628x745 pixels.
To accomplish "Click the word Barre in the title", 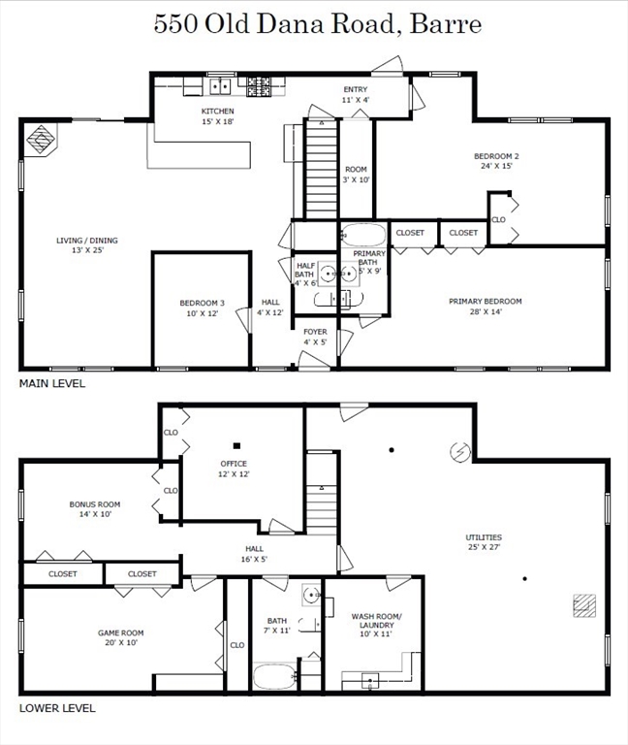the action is click(x=446, y=23).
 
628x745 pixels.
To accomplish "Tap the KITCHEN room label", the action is click(x=217, y=112).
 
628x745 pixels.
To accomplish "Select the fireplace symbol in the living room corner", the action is click(x=41, y=140).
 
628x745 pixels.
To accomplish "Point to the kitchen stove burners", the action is click(x=258, y=86).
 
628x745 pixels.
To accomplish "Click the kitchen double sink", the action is click(x=220, y=86).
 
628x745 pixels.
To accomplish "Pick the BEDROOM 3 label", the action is click(x=203, y=303).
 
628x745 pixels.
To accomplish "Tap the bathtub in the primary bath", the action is click(x=364, y=235).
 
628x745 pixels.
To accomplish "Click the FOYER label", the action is click(x=315, y=332).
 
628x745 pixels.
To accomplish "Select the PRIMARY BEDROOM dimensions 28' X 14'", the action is click(x=486, y=311).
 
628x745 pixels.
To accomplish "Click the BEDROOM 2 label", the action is click(x=496, y=156).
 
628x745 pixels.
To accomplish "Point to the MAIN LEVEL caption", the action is click(x=52, y=383).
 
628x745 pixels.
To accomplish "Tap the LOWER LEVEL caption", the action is click(x=57, y=708).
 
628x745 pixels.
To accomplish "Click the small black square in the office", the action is click(x=236, y=445).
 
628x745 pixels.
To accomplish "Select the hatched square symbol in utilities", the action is click(x=584, y=605).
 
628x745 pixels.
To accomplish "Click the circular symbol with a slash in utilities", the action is click(x=460, y=451).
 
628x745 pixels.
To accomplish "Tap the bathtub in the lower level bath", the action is click(x=274, y=677).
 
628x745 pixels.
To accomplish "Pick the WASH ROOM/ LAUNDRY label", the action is click(x=376, y=621).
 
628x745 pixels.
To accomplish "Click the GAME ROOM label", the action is click(x=120, y=632).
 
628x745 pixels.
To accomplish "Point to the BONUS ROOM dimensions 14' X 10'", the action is click(x=95, y=514).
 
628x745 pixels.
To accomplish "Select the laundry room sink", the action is click(x=370, y=681).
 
